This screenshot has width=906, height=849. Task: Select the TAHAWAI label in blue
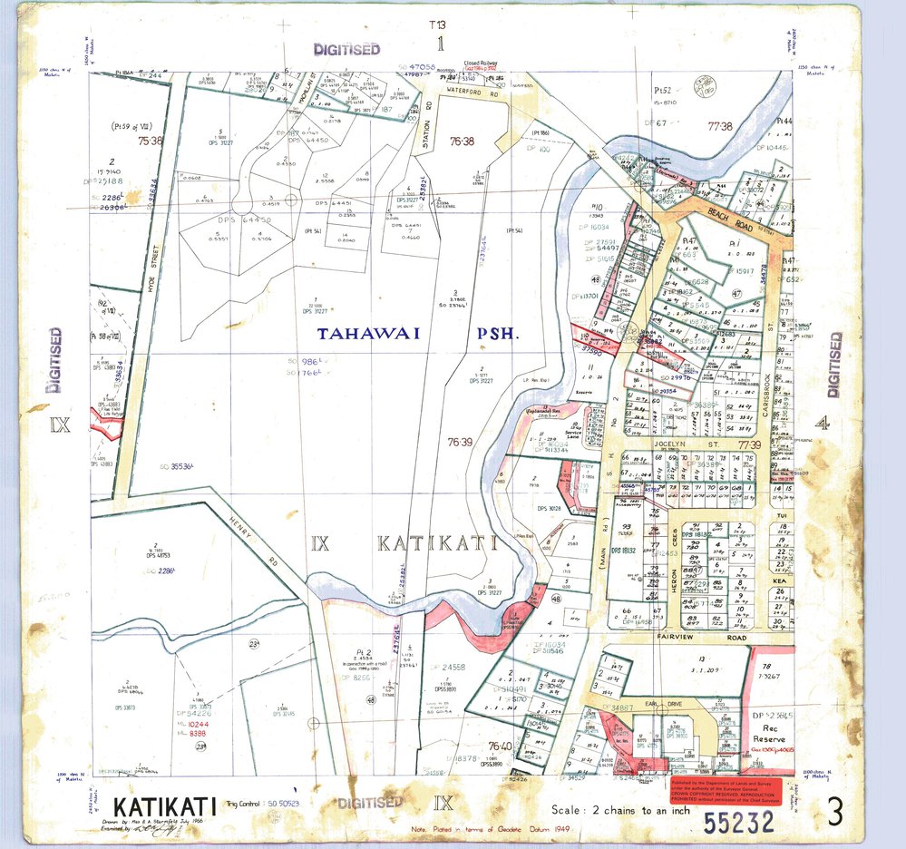click(x=368, y=334)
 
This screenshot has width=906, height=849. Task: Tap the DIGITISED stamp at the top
click(x=346, y=49)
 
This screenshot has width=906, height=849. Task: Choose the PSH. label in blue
click(x=495, y=334)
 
